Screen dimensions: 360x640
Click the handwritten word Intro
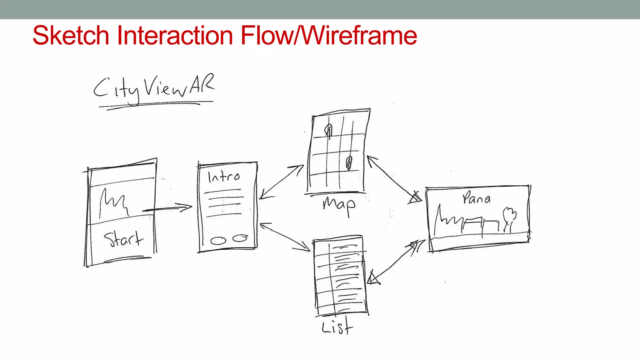[x=224, y=177]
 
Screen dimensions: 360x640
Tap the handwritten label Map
[x=339, y=205]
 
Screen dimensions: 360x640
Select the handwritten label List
[x=337, y=327]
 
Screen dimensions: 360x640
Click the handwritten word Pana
[x=476, y=198]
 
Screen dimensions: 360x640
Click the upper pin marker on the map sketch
[x=328, y=131]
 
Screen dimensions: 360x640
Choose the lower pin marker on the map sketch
[x=349, y=162]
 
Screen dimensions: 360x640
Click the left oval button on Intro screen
[x=218, y=241]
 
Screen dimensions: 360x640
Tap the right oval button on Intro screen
[x=240, y=238]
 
